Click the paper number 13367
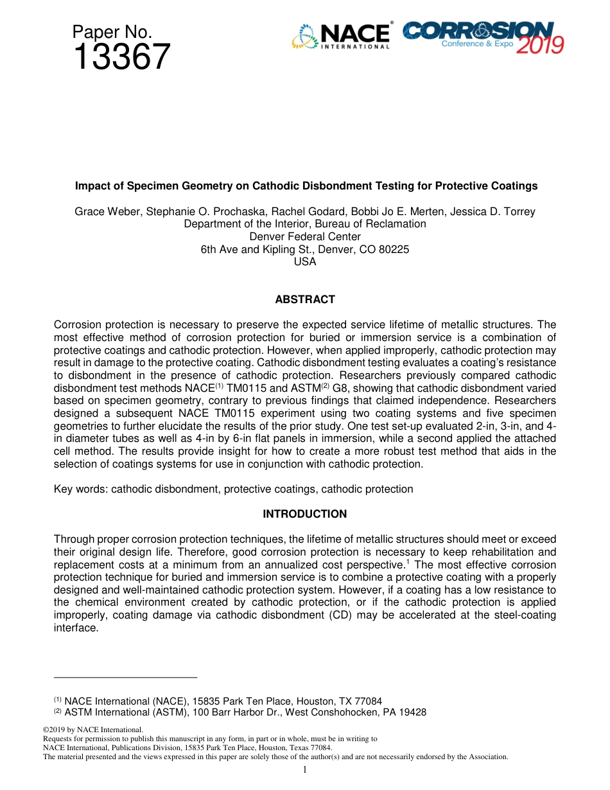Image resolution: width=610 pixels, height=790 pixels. (121, 58)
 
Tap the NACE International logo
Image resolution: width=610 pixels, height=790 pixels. (341, 37)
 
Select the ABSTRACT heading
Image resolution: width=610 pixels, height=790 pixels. (305, 299)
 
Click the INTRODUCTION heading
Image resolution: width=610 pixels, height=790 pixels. (305, 514)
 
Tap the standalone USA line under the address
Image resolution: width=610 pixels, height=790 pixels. (305, 262)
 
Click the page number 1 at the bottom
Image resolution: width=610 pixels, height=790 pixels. (305, 769)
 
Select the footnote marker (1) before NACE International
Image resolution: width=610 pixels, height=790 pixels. (57, 699)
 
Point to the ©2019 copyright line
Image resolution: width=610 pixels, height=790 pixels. (92, 730)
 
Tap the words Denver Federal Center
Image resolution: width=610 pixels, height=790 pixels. (305, 236)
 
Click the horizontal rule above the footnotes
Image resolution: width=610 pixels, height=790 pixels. (125, 677)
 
